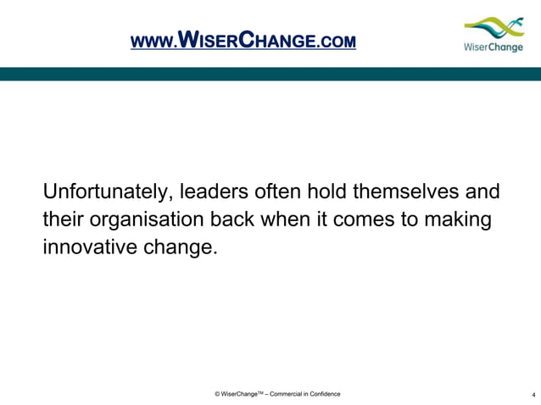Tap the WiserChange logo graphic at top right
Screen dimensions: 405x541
click(x=494, y=27)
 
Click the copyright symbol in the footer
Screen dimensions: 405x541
click(x=218, y=394)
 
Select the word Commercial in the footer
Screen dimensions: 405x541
click(x=278, y=394)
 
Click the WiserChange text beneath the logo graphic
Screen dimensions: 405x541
click(x=494, y=47)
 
